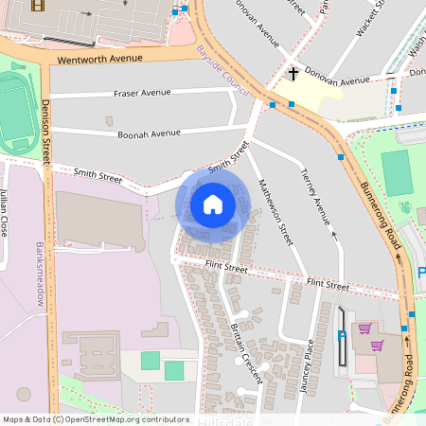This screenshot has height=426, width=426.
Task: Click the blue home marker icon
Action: coord(213,204)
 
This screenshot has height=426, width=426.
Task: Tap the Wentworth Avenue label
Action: coord(99,59)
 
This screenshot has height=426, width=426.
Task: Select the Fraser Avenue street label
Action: coord(142,93)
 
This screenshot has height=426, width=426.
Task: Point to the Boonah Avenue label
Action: coord(149,133)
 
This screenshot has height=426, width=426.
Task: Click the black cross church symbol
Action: coord(293,73)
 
